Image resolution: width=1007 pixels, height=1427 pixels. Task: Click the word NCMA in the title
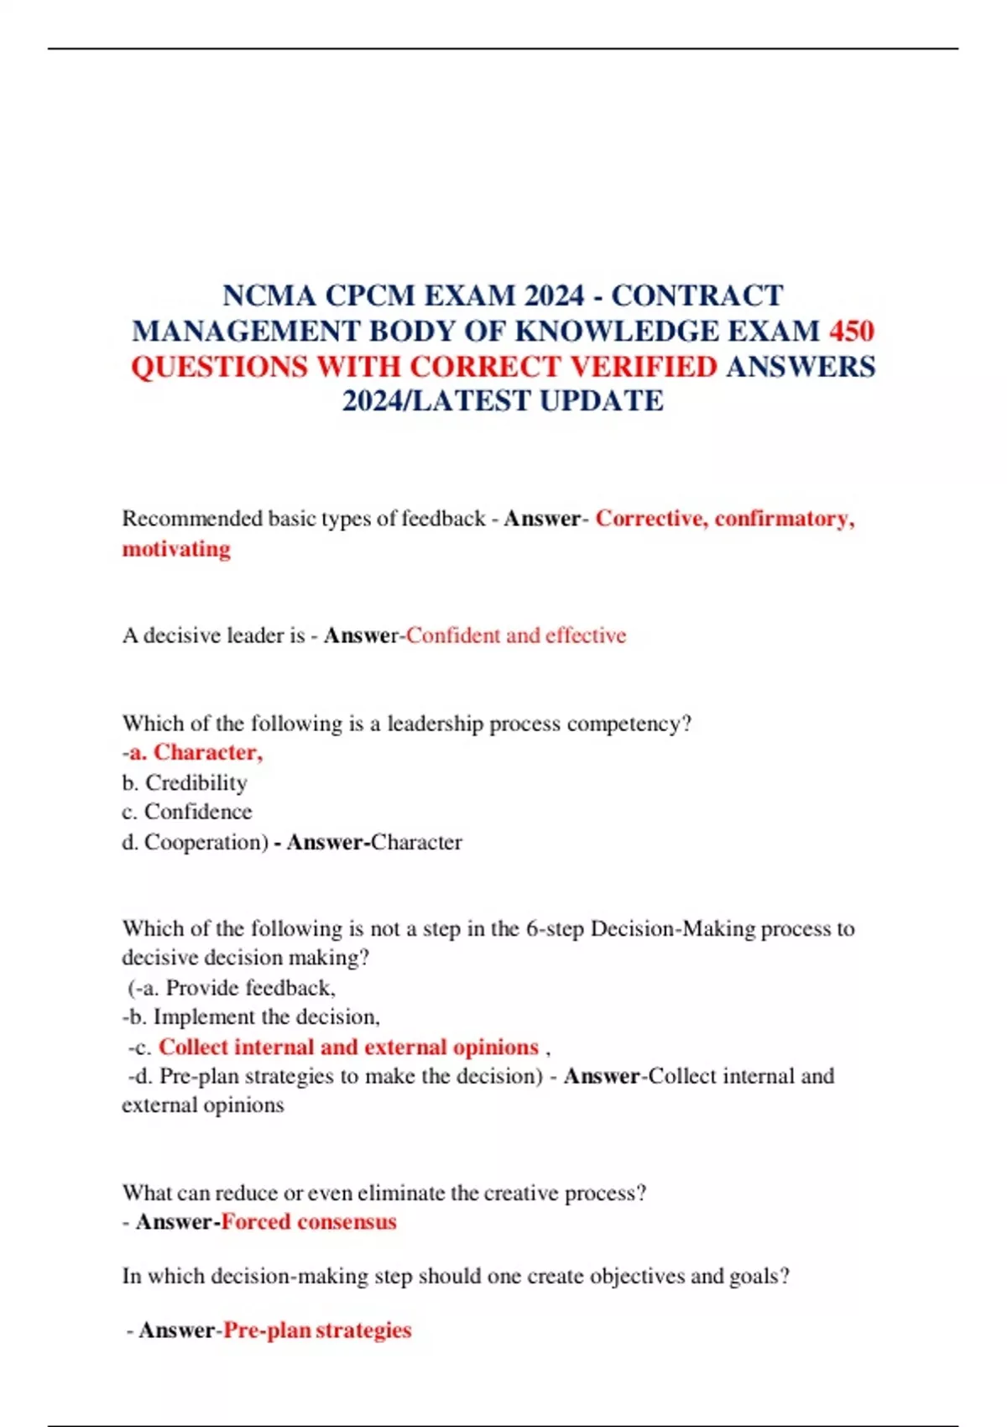(x=269, y=296)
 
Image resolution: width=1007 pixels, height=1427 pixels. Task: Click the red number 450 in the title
(x=852, y=332)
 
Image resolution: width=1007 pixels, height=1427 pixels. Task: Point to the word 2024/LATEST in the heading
(x=436, y=401)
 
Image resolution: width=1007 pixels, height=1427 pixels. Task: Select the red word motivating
(x=176, y=549)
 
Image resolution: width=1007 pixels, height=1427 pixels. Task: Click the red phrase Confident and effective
(x=516, y=635)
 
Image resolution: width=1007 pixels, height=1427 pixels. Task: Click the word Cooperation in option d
(x=202, y=842)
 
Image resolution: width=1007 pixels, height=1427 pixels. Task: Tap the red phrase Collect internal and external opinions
(x=348, y=1047)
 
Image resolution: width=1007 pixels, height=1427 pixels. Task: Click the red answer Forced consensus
(x=309, y=1222)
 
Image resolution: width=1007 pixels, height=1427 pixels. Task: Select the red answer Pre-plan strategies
(x=317, y=1330)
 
